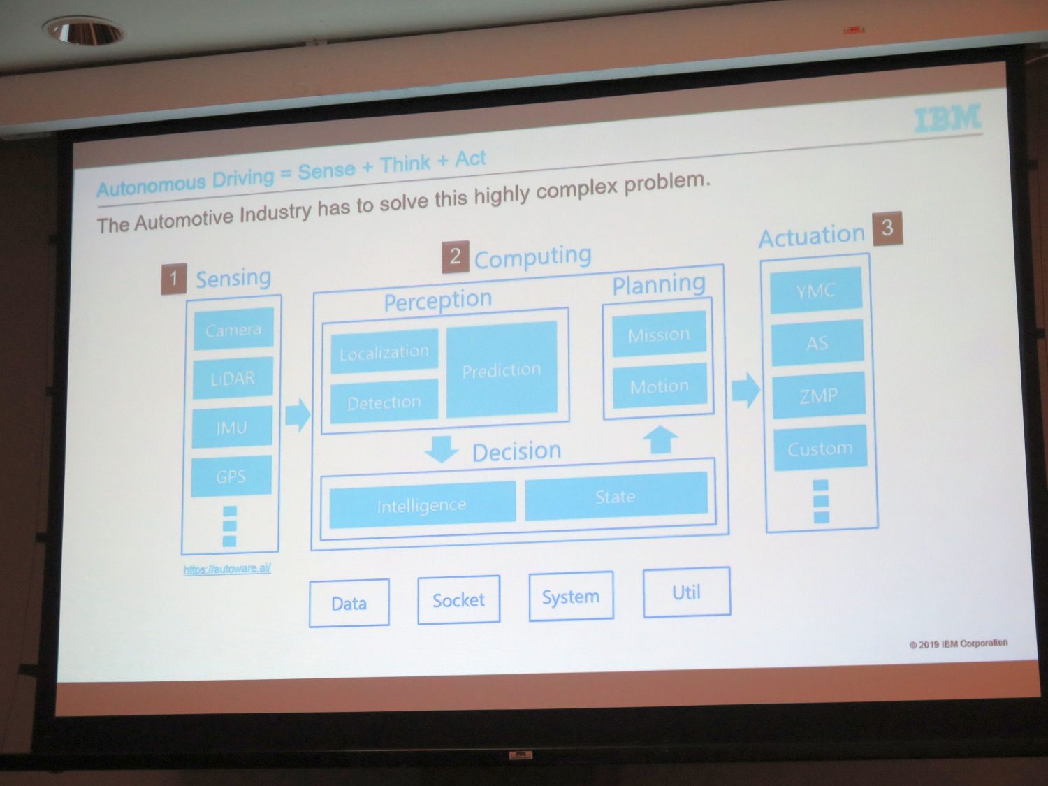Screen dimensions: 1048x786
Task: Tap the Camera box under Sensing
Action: (x=233, y=328)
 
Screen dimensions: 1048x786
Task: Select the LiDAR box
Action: (x=233, y=377)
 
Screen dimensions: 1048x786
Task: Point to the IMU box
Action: (x=231, y=427)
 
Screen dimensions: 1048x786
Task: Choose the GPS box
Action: (x=231, y=476)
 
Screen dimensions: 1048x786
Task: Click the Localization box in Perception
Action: (x=384, y=351)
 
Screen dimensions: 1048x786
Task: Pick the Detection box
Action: (x=384, y=402)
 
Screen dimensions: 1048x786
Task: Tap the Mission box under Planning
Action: (x=659, y=334)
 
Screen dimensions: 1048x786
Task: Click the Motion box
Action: (x=660, y=386)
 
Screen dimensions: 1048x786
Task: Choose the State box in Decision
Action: (x=616, y=496)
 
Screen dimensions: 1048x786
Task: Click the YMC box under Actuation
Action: (x=816, y=290)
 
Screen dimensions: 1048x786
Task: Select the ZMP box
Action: (x=819, y=395)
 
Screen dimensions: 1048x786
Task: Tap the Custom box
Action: (x=820, y=448)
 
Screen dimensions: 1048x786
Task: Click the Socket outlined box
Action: (x=459, y=600)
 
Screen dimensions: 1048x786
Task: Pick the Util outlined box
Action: (x=687, y=592)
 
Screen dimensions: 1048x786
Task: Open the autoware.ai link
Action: (x=227, y=569)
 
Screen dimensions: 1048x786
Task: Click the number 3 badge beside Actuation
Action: (x=887, y=228)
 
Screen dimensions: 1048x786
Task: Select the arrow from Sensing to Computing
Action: (x=298, y=415)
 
